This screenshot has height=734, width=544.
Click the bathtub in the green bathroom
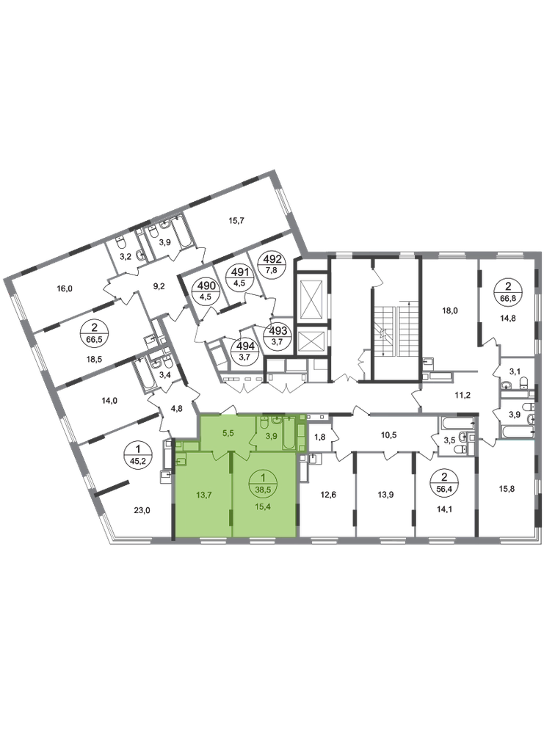289,434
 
